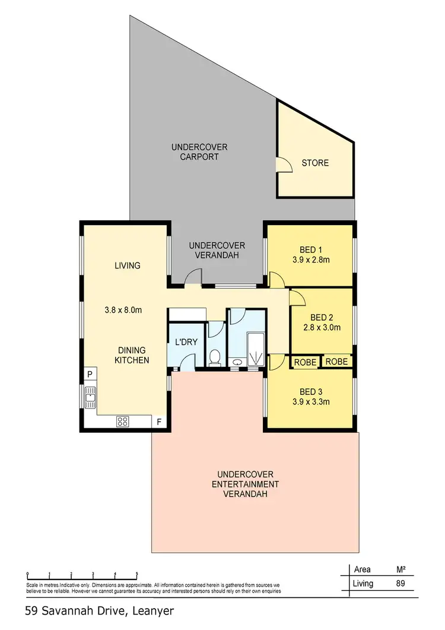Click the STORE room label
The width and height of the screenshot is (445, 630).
tap(314, 163)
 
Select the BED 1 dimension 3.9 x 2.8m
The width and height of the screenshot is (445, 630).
tap(311, 259)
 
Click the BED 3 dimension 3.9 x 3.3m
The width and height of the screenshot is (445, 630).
tap(311, 401)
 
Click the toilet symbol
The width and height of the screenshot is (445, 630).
tap(215, 357)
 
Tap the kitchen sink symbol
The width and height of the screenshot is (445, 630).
tap(90, 395)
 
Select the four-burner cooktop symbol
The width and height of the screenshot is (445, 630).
tap(123, 422)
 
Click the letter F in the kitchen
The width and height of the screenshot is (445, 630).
tap(158, 423)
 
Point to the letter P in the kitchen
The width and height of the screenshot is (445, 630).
tap(89, 374)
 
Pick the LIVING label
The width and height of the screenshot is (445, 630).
tap(127, 265)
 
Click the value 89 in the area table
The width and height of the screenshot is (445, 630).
tap(400, 584)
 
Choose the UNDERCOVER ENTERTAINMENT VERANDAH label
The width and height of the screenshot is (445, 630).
tap(245, 484)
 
